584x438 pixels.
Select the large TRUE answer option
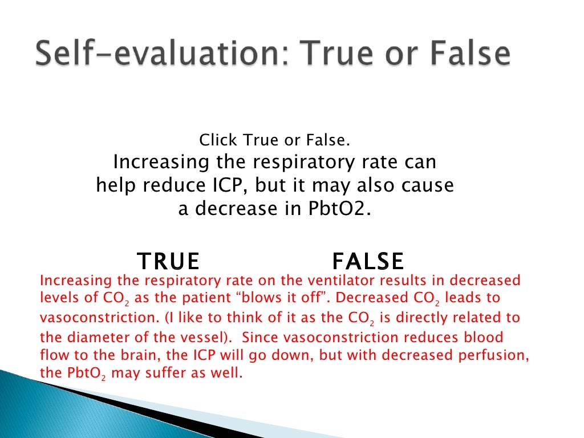[168, 261]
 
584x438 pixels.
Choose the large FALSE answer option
[368, 261]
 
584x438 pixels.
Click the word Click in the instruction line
[220, 140]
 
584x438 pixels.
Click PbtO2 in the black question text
[341, 209]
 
